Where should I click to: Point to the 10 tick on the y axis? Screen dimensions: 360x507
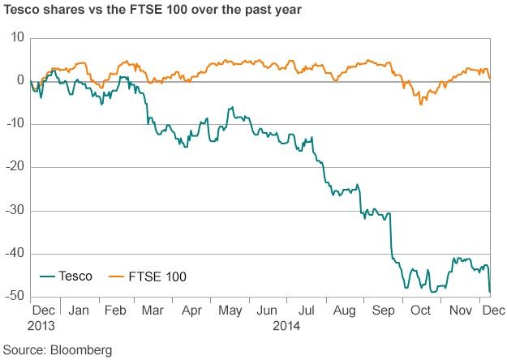tap(17, 38)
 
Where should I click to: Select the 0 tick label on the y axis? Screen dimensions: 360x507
tap(20, 81)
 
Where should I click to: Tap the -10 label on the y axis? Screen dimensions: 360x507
tap(15, 124)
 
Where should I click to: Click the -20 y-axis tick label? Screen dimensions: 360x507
tap(15, 167)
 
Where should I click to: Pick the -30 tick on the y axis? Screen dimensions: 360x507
tap(15, 211)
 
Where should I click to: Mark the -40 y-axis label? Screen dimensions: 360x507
tap(15, 254)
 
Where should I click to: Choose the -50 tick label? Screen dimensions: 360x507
tap(15, 297)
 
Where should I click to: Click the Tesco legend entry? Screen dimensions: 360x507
tap(75, 276)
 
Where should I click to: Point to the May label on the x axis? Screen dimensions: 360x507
tap(231, 311)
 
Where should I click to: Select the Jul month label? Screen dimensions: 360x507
tap(305, 311)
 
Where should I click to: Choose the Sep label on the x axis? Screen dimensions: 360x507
tap(381, 311)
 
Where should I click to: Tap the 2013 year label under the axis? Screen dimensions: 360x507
tap(43, 326)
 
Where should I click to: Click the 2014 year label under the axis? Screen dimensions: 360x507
tap(286, 326)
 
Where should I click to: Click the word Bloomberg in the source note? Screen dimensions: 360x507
tap(80, 350)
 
